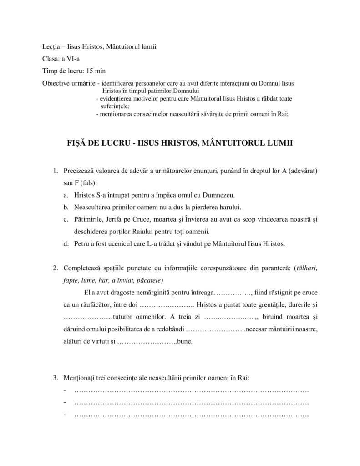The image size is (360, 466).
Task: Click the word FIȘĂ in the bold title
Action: (76, 142)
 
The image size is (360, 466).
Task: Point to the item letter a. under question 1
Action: (66, 195)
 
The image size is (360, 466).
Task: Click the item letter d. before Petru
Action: (66, 243)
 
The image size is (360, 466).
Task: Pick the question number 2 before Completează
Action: (55, 268)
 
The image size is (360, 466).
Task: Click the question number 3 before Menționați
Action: (55, 378)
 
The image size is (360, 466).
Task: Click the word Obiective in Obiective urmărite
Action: (56, 83)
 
